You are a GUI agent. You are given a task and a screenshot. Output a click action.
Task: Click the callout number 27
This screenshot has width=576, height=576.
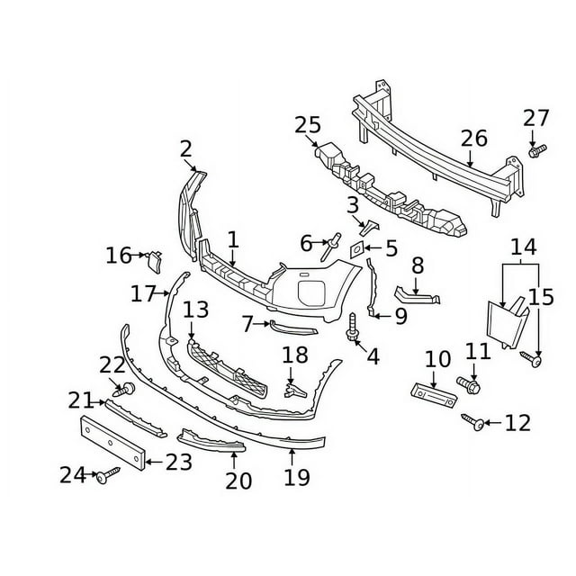tap(535, 118)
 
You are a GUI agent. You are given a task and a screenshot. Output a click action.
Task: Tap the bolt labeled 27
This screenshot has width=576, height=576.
tap(535, 152)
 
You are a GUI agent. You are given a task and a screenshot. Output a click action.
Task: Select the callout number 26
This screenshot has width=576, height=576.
tap(473, 138)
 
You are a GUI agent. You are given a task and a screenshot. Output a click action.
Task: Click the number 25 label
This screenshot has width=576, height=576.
tap(307, 125)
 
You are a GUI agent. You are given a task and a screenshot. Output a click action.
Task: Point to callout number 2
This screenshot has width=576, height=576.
tap(185, 148)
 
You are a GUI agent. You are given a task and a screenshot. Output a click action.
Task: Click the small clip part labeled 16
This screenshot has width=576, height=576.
tap(153, 261)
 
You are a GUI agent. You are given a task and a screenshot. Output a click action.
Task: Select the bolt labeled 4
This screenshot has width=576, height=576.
tap(353, 328)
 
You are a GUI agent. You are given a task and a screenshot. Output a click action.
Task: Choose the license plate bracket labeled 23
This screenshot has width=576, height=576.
tap(113, 444)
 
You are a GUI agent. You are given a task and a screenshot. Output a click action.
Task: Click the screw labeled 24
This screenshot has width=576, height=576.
tap(108, 474)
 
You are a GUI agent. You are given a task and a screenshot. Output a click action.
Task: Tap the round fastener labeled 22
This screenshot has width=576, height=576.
tap(128, 388)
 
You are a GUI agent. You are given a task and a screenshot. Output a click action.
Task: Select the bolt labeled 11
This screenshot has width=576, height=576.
tap(471, 384)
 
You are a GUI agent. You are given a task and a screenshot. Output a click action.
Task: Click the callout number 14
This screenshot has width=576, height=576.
tap(521, 247)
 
